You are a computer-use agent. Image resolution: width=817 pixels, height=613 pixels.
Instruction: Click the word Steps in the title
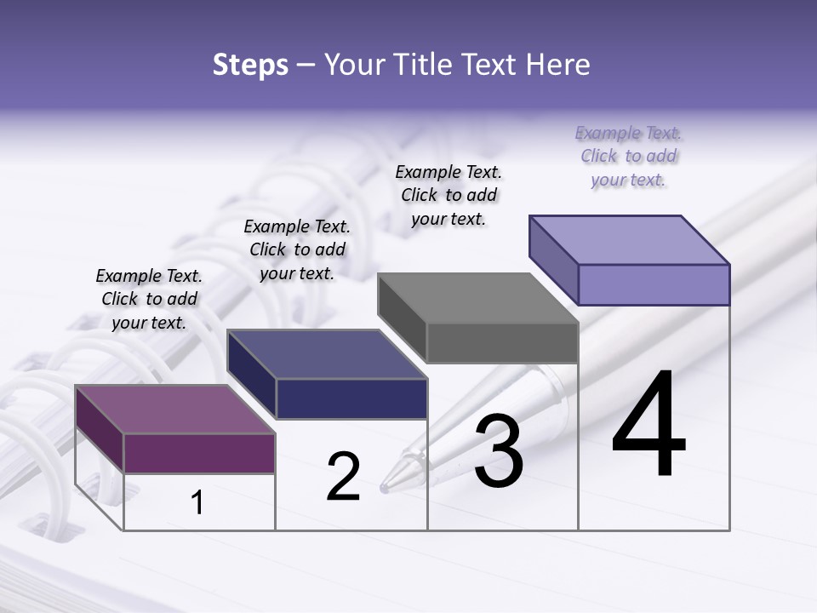(x=250, y=66)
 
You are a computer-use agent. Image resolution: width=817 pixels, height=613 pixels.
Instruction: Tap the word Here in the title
(x=555, y=66)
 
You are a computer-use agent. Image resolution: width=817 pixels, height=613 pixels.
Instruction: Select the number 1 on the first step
(x=197, y=503)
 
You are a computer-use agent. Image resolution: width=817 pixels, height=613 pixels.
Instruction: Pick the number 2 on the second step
(x=343, y=478)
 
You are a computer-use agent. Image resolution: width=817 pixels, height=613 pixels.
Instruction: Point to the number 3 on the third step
(x=498, y=452)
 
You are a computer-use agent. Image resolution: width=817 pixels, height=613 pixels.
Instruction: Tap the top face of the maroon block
(x=175, y=410)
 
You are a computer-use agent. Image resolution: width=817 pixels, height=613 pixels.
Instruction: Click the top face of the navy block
(x=327, y=354)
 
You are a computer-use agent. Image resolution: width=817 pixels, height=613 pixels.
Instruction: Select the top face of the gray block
(x=478, y=298)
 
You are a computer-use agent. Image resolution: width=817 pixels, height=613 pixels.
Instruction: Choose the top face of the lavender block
(x=630, y=240)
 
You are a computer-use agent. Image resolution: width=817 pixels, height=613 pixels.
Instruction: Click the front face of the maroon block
(x=199, y=453)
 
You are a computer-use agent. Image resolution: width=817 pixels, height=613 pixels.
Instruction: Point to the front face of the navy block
(x=351, y=398)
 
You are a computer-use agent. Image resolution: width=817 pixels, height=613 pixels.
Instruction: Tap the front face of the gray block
(x=502, y=342)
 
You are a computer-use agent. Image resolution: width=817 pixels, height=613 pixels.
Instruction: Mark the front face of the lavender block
(x=654, y=284)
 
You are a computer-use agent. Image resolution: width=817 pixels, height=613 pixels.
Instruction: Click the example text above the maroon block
(x=149, y=299)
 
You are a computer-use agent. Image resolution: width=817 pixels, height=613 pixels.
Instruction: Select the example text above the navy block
(x=297, y=249)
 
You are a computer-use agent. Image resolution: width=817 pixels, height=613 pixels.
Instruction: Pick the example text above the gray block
(x=448, y=195)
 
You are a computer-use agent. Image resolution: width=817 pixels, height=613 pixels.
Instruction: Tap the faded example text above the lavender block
(x=628, y=156)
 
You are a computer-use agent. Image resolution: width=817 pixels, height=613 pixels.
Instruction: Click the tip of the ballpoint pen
(x=385, y=489)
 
